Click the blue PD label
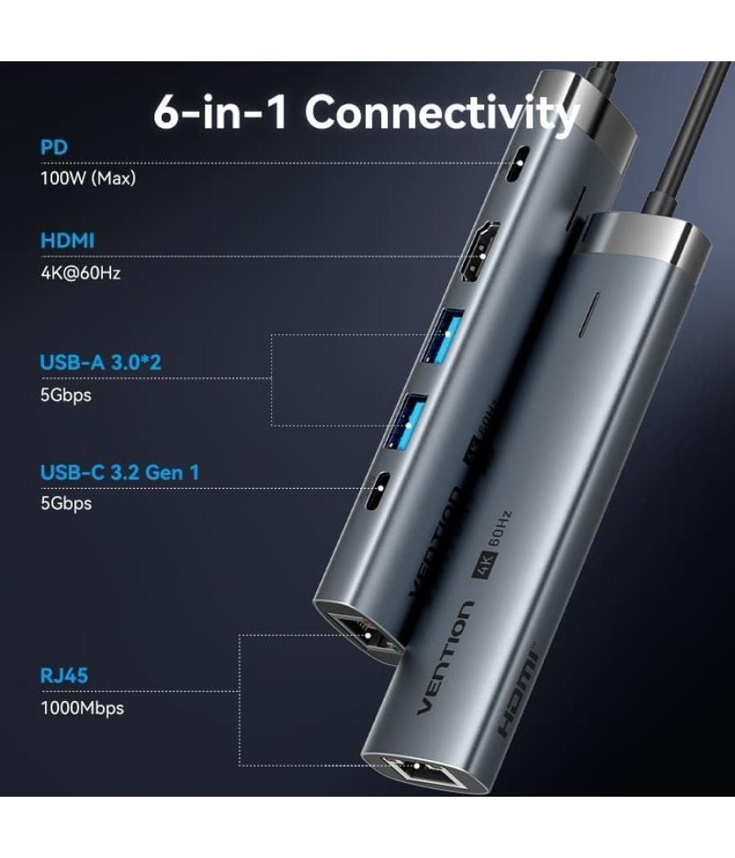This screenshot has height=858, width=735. (54, 148)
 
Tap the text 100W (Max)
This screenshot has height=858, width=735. (88, 178)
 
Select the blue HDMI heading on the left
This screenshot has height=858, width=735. (68, 241)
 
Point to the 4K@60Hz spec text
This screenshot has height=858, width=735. (81, 273)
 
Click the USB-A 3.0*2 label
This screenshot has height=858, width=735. (100, 362)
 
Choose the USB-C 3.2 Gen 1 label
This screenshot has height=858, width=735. (120, 471)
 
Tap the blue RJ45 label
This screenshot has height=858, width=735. (65, 676)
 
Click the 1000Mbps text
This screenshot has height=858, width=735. (82, 708)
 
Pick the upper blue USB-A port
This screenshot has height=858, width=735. (434, 335)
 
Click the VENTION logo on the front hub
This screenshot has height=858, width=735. (445, 658)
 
